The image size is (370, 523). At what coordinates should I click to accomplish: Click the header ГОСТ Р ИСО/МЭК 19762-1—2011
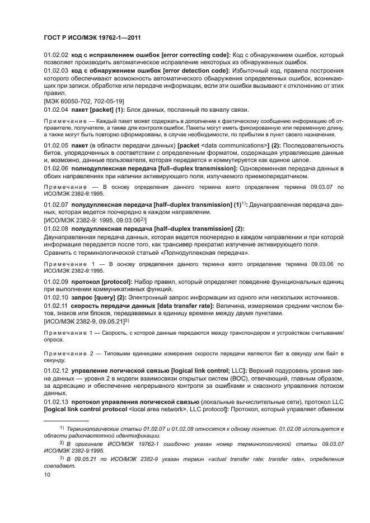coord(92,37)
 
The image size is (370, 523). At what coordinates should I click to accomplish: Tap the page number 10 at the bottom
coord(47,475)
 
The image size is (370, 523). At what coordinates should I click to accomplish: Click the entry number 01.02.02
coord(56,55)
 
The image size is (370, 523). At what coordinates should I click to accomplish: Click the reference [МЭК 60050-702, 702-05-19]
coord(83,101)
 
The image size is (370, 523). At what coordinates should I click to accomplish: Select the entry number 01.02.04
coord(56,109)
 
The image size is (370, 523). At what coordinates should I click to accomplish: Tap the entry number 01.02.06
coord(56,168)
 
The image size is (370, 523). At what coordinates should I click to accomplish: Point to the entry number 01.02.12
coord(56,372)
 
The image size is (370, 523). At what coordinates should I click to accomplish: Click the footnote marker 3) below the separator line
coord(62,457)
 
